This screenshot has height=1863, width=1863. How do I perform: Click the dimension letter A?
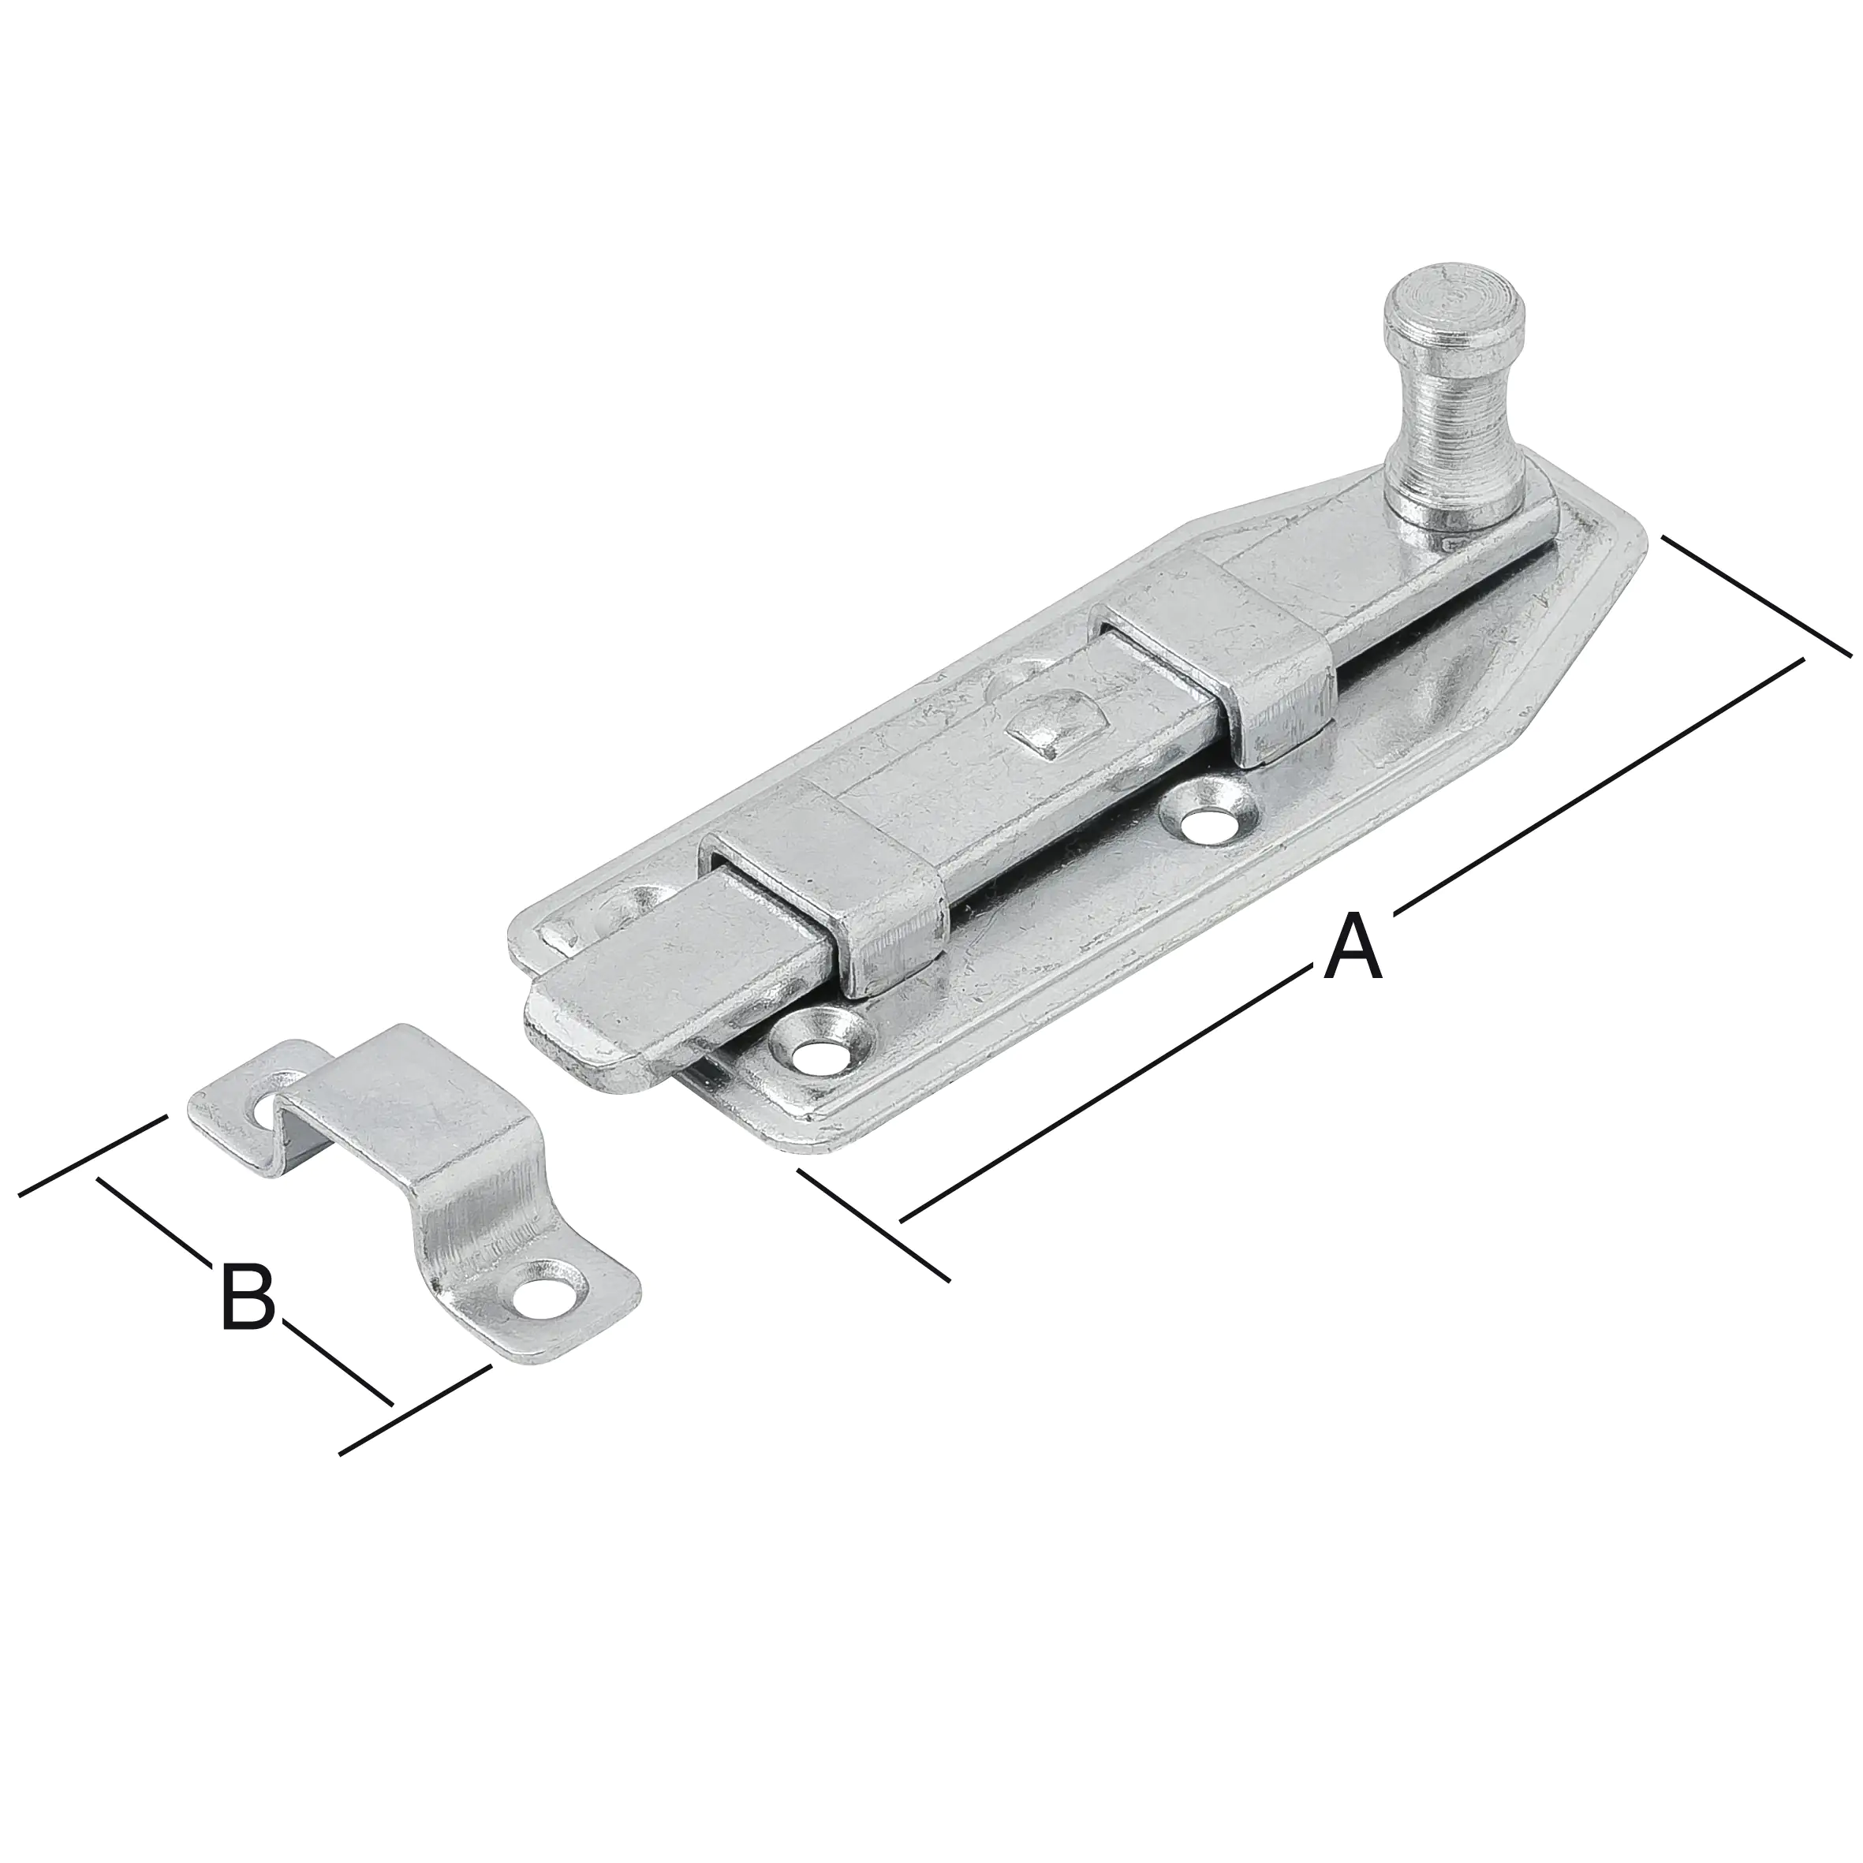coord(1353,949)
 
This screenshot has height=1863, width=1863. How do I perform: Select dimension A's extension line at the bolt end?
coord(872,1225)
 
